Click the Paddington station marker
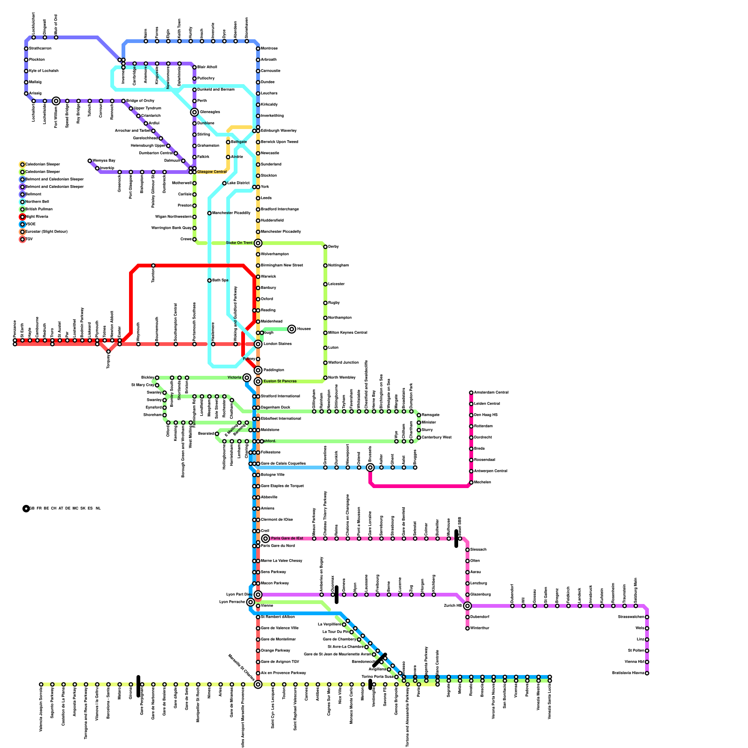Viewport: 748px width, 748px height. [258, 370]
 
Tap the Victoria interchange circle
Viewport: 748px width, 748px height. [247, 378]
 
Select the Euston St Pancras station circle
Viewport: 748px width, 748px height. [258, 381]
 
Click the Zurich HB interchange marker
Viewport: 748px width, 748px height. [467, 606]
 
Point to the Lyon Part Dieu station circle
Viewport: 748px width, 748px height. [258, 595]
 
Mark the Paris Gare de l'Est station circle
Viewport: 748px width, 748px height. [266, 539]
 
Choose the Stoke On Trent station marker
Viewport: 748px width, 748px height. [258, 243]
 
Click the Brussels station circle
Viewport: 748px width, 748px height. [370, 467]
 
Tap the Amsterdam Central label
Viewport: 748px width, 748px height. [491, 393]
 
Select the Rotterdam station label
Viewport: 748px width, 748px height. [484, 426]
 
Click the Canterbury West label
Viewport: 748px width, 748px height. [436, 438]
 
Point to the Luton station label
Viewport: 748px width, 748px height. [333, 348]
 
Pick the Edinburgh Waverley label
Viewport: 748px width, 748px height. [279, 131]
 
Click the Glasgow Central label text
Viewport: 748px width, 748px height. [212, 172]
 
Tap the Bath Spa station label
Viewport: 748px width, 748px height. [220, 280]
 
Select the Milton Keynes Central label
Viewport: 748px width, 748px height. [347, 333]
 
